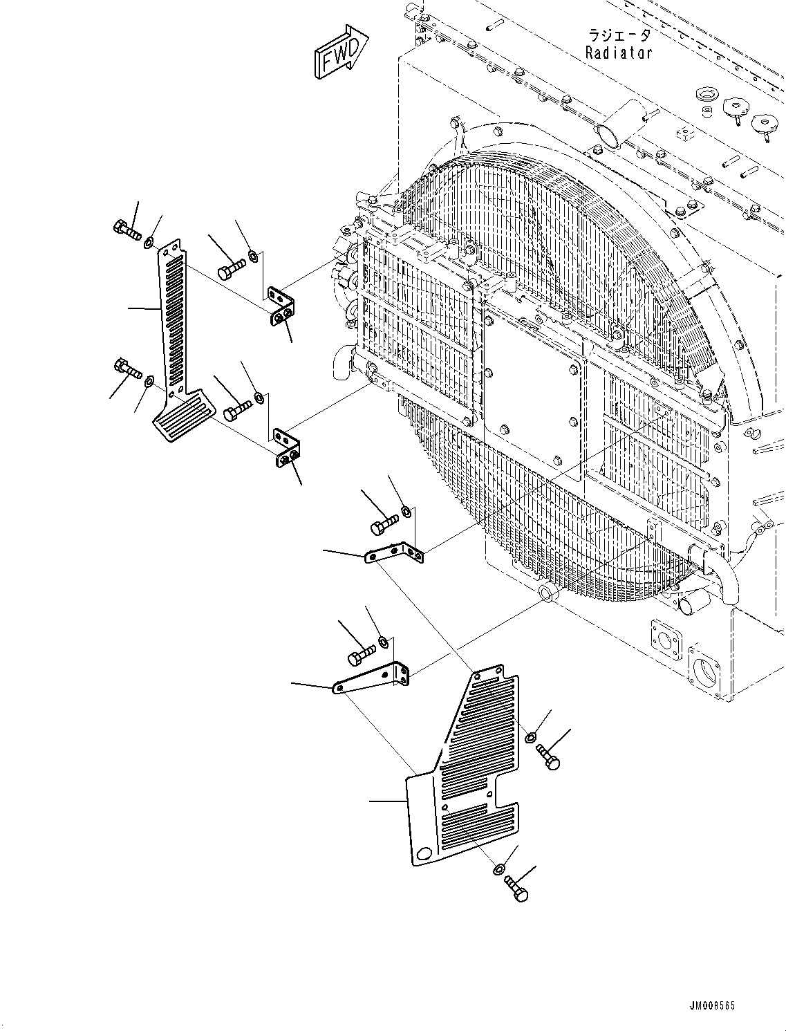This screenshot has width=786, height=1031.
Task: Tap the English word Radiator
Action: click(x=619, y=53)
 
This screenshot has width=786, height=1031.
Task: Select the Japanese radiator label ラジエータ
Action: click(x=619, y=35)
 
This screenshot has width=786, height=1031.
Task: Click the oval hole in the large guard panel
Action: click(x=424, y=852)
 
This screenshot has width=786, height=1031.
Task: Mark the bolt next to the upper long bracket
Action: click(x=384, y=523)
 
